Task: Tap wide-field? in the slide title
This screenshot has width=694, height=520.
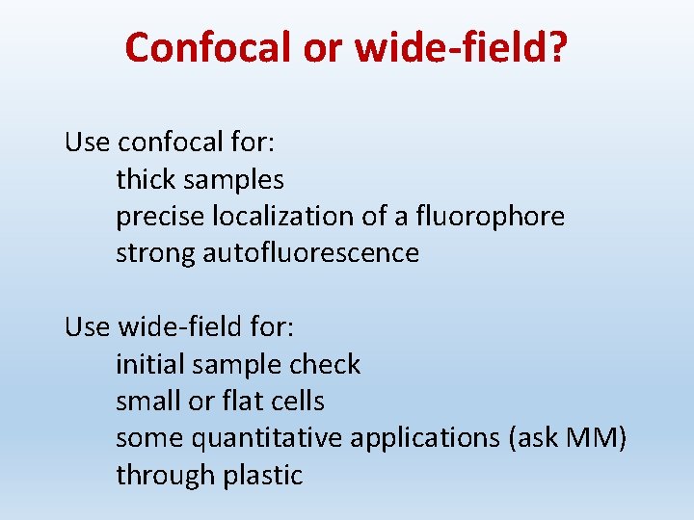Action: tap(462, 47)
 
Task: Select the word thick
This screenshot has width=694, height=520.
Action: tap(146, 179)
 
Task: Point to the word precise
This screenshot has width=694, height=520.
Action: tap(153, 217)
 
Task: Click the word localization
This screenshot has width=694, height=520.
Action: tap(273, 217)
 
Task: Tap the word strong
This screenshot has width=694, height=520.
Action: tap(155, 254)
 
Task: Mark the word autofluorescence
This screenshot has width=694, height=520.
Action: tap(310, 253)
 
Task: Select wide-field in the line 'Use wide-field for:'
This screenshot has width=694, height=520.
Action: tap(178, 327)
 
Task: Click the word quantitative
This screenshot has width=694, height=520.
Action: tap(267, 438)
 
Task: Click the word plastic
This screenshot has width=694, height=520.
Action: tap(262, 476)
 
